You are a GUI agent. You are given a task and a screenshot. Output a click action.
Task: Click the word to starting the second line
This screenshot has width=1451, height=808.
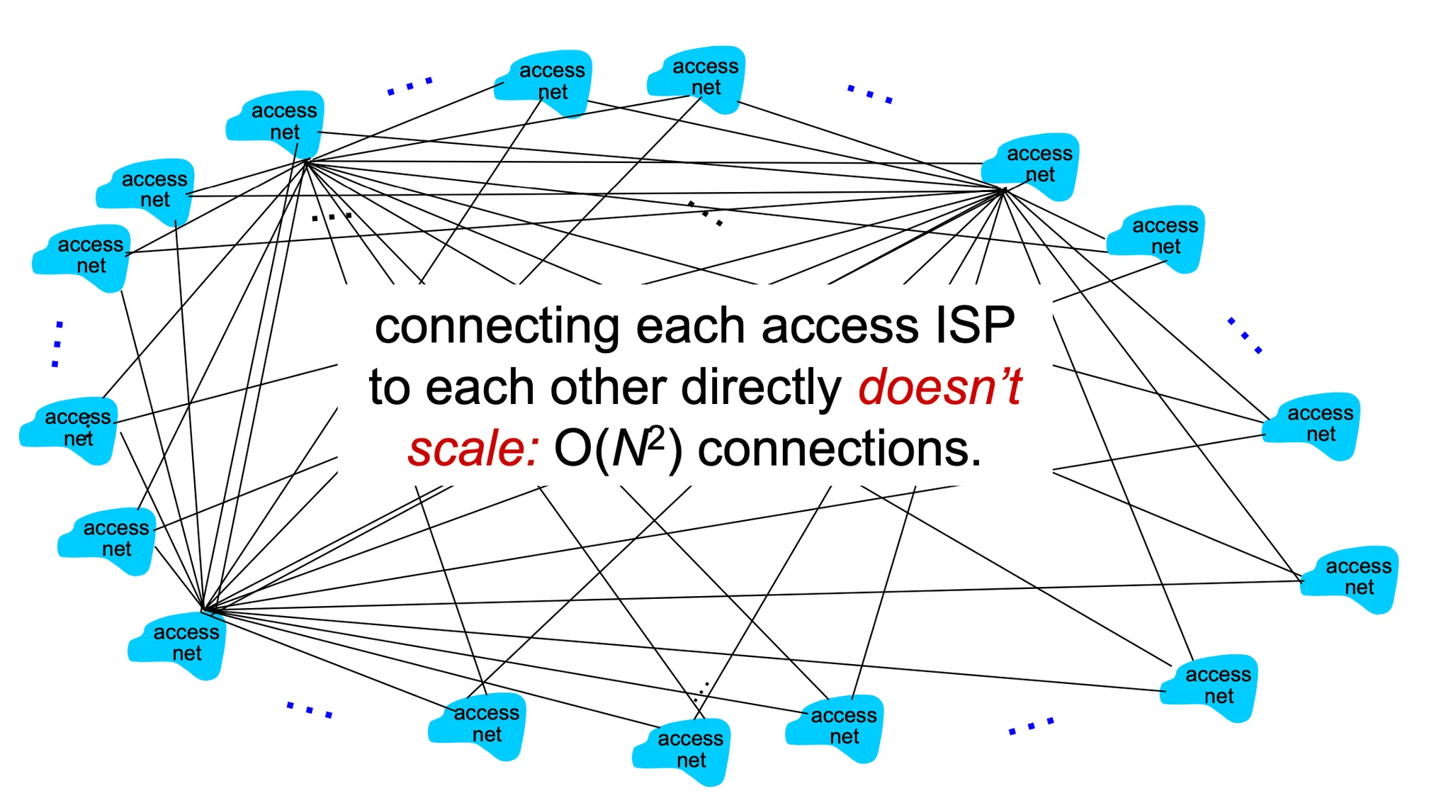pyautogui.click(x=389, y=388)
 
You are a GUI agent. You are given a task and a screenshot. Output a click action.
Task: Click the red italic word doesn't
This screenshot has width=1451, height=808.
pyautogui.click(x=939, y=388)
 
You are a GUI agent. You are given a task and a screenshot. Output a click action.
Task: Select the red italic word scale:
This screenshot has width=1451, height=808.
pyautogui.click(x=473, y=449)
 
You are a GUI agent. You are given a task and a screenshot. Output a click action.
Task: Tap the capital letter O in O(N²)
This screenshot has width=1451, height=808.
pyautogui.click(x=572, y=449)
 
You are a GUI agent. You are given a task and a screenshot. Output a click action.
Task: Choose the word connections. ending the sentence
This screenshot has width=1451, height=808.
pyautogui.click(x=840, y=449)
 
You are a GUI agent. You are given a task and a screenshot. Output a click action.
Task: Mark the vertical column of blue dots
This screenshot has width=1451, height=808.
pyautogui.click(x=57, y=344)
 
